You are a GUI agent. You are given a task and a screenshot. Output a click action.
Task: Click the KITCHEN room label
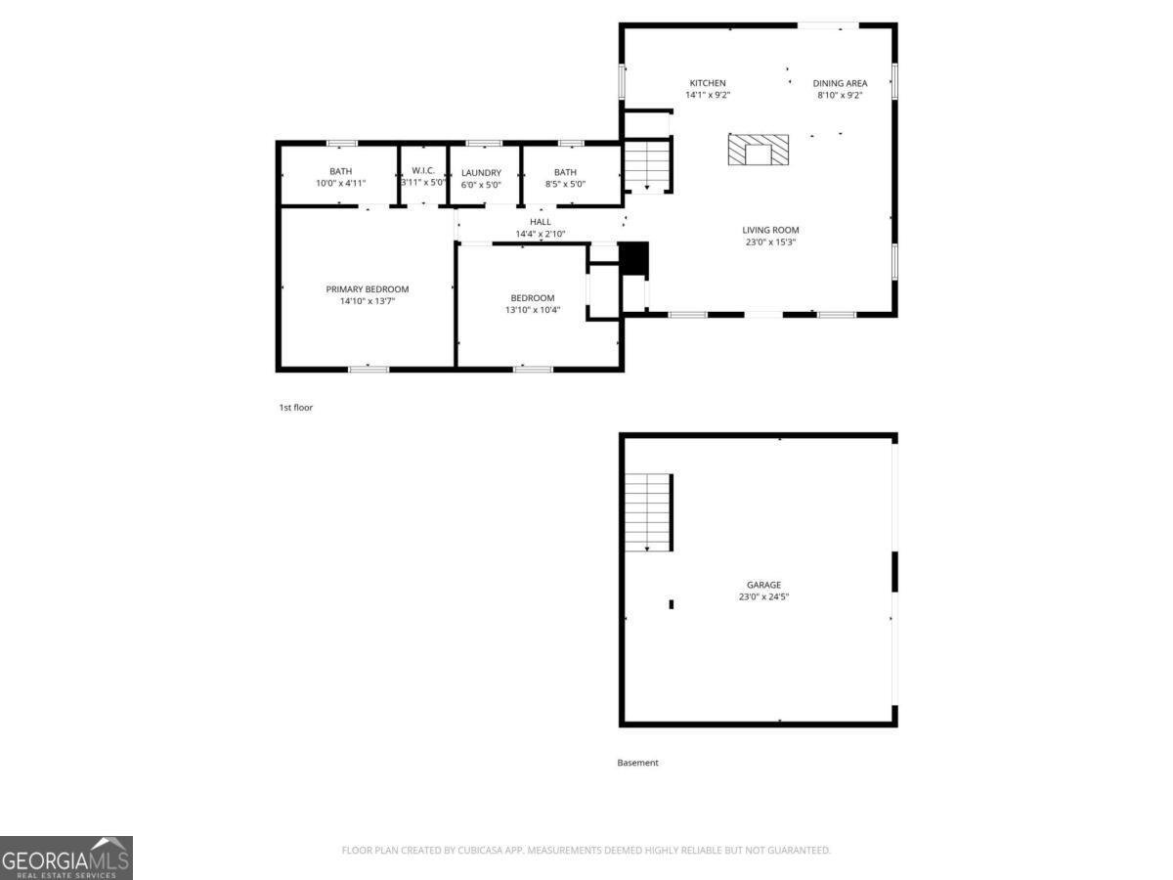[x=708, y=83]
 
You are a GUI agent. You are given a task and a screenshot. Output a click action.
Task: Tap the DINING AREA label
[x=840, y=83]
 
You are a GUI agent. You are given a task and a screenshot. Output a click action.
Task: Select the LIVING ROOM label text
[x=770, y=230]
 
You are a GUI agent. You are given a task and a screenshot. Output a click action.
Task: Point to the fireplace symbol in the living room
[x=759, y=150]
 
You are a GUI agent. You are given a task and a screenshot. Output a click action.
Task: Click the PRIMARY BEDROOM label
[x=368, y=288]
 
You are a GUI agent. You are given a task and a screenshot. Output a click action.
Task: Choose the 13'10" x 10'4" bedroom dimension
[x=532, y=310]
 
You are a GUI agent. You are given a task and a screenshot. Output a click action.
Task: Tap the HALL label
[x=541, y=222]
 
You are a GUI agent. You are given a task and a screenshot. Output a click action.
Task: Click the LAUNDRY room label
[x=481, y=173]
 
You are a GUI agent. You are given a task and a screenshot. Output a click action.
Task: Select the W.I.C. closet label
[x=423, y=170]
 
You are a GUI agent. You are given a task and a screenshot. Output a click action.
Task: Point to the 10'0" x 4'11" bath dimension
[x=340, y=184]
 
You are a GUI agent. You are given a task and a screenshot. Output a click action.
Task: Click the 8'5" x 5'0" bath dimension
[x=565, y=184]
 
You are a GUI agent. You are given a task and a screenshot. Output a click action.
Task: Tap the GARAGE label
[x=763, y=585]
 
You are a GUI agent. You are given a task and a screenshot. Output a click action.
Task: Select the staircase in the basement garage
[x=648, y=511]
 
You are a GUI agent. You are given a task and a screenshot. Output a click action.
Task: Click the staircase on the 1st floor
[x=647, y=164]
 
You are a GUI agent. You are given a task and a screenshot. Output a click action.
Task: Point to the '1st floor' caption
[x=295, y=407]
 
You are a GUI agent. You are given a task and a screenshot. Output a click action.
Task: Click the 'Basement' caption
[x=637, y=763]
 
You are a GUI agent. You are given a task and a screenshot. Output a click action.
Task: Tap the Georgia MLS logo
[x=65, y=858]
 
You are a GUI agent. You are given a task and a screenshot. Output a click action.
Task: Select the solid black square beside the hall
[x=634, y=258]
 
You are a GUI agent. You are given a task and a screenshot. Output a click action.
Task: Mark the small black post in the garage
[x=671, y=604]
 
